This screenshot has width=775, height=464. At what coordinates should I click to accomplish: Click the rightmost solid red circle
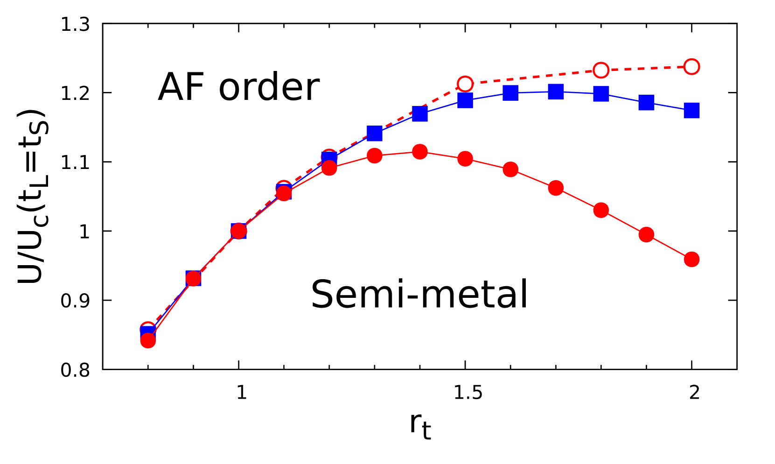(691, 259)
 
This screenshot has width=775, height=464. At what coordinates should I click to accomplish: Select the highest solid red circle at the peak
(420, 151)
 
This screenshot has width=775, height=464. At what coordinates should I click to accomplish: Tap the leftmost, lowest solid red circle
(148, 341)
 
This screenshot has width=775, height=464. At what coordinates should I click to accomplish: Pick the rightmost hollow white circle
(691, 67)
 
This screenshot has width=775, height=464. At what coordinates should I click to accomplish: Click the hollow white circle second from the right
(601, 70)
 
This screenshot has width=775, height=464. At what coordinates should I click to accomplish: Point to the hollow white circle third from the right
(465, 84)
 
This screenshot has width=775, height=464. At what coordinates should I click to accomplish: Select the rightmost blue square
(691, 111)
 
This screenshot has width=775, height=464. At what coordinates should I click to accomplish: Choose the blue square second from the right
(646, 102)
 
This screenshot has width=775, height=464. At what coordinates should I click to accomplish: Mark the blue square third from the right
(601, 94)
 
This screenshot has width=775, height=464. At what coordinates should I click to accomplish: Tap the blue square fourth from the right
(556, 91)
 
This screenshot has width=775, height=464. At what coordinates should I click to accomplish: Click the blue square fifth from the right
(510, 93)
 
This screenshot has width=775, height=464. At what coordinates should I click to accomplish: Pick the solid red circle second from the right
(646, 234)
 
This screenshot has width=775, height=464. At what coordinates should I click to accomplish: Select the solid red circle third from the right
(601, 210)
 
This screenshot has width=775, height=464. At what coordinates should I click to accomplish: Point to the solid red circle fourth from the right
(556, 188)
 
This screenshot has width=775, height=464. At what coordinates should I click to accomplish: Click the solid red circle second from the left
(193, 279)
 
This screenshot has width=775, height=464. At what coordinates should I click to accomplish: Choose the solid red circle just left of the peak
(375, 155)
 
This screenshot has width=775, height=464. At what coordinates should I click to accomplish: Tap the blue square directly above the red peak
(420, 114)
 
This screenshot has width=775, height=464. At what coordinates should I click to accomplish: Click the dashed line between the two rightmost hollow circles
(646, 69)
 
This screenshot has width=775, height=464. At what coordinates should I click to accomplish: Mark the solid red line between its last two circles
(669, 247)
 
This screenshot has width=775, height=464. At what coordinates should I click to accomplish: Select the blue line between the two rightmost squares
(669, 106)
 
